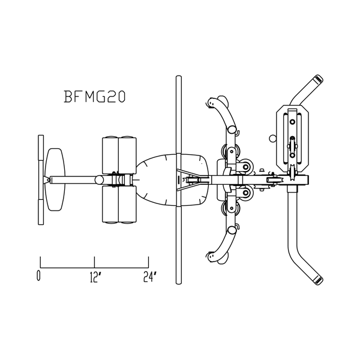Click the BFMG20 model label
click(x=94, y=97)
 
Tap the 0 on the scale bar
click(x=38, y=276)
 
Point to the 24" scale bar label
click(x=150, y=277)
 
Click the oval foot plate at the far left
click(x=55, y=179)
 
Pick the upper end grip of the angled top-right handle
click(x=318, y=79)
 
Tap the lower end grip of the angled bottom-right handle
click(x=318, y=280)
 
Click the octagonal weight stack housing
click(x=293, y=138)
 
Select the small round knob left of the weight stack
click(x=272, y=138)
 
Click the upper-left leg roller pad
click(x=110, y=155)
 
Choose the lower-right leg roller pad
click(x=127, y=205)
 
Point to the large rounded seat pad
click(x=172, y=179)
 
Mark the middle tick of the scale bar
click(x=94, y=262)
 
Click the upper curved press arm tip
click(x=212, y=101)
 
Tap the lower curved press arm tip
click(x=212, y=257)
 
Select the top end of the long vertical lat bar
click(x=178, y=77)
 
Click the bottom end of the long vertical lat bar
click(x=178, y=282)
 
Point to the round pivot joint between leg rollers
click(x=100, y=180)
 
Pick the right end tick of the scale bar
click(x=149, y=262)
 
